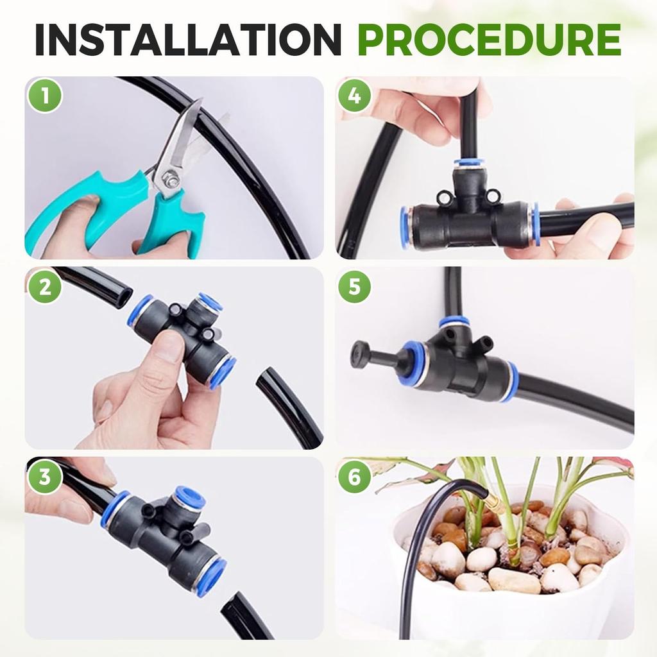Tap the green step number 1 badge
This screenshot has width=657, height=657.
coord(45,96)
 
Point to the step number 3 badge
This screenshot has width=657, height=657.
coord(45,477)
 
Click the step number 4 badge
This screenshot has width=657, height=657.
coord(355,96)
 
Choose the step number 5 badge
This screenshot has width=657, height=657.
coord(355,286)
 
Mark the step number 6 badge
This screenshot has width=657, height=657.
coord(355,477)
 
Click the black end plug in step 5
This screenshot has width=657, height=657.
coord(361,355)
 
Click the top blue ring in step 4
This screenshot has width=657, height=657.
coord(470,164)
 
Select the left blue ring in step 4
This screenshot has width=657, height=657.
coord(405,227)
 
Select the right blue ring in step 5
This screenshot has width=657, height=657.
coord(511,382)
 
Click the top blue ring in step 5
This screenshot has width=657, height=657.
coord(454,321)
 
